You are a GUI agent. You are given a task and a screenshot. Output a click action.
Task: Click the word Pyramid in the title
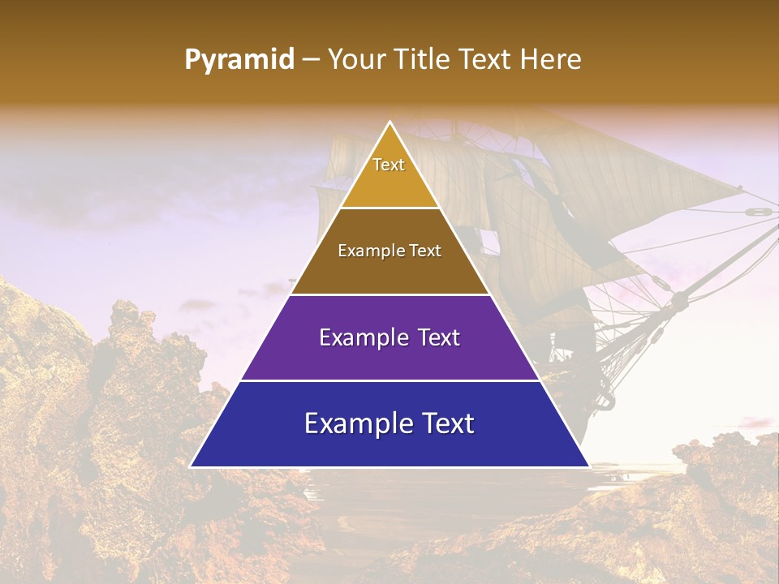pos(239,60)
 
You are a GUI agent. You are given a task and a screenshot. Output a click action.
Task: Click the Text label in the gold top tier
pos(389,165)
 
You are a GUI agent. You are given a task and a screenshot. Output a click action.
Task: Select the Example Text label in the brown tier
pos(389,251)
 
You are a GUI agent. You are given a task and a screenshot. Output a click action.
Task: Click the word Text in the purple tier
pos(439,337)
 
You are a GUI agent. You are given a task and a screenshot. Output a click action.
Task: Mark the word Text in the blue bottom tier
pos(446,423)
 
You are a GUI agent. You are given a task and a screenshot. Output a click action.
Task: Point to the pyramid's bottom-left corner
pos(192,466)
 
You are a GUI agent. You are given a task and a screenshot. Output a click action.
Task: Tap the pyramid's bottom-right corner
pos(588,466)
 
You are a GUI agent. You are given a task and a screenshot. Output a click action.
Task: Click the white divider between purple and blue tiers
pos(389,380)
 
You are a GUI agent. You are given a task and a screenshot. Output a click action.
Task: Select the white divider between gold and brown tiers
pos(389,208)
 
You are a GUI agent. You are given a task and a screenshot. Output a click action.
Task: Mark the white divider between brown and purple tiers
pos(389,294)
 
